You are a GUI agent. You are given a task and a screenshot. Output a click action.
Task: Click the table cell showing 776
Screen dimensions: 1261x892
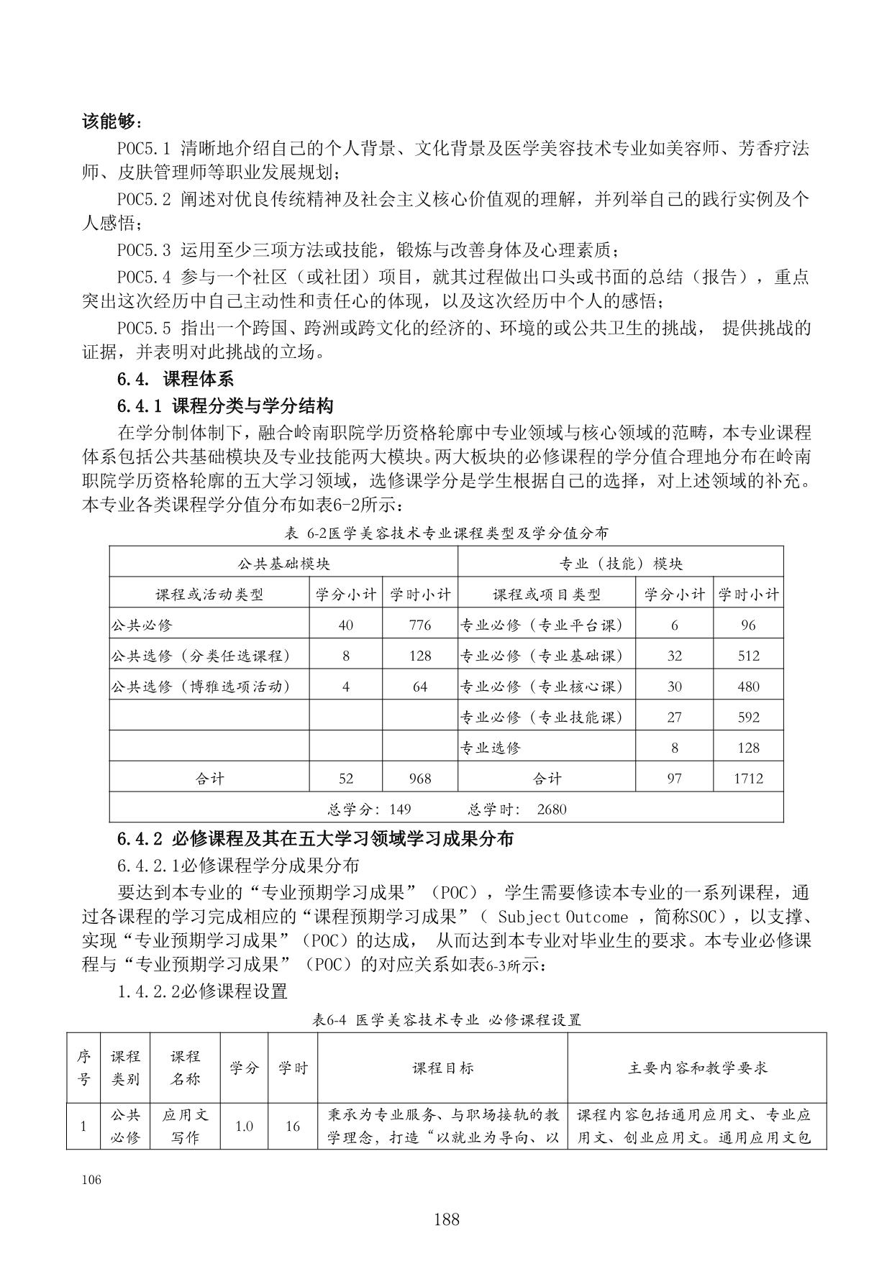pyautogui.click(x=419, y=625)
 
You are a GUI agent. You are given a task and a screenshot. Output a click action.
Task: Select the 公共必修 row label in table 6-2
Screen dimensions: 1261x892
pyautogui.click(x=142, y=625)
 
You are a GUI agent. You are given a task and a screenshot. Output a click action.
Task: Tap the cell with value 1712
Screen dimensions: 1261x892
pyautogui.click(x=748, y=779)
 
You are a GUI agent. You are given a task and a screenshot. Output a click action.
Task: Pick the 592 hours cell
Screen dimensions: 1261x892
pyautogui.click(x=748, y=717)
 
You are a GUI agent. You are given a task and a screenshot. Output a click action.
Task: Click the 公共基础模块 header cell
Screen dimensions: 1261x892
pyautogui.click(x=283, y=564)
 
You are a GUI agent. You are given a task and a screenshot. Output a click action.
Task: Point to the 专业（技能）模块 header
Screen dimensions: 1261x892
pyautogui.click(x=620, y=564)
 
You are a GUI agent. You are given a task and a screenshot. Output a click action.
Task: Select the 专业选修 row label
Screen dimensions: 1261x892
pyautogui.click(x=491, y=748)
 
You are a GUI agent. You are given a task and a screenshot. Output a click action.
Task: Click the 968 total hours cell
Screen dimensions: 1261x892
pyautogui.click(x=419, y=779)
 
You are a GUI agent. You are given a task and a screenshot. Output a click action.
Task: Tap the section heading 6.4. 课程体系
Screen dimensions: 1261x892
pyautogui.click(x=176, y=379)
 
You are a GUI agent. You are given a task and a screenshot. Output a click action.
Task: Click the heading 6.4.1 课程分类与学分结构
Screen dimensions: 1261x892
pyautogui.click(x=225, y=405)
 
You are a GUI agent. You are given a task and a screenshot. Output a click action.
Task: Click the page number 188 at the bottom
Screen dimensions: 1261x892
pyautogui.click(x=446, y=1219)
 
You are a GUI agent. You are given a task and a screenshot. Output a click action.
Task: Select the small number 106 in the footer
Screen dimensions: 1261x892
pyautogui.click(x=91, y=1180)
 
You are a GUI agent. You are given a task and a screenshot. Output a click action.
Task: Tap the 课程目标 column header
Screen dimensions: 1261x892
pyautogui.click(x=442, y=1068)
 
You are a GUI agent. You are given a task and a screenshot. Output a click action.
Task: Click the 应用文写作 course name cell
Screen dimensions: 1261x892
pyautogui.click(x=185, y=1126)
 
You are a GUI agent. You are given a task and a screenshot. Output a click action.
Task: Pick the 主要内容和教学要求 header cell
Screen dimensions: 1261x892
pyautogui.click(x=697, y=1068)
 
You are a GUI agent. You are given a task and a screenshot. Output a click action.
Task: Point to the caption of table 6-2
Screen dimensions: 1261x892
pyautogui.click(x=446, y=533)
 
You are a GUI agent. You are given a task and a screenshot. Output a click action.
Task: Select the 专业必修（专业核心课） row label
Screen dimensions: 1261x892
pyautogui.click(x=541, y=687)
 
